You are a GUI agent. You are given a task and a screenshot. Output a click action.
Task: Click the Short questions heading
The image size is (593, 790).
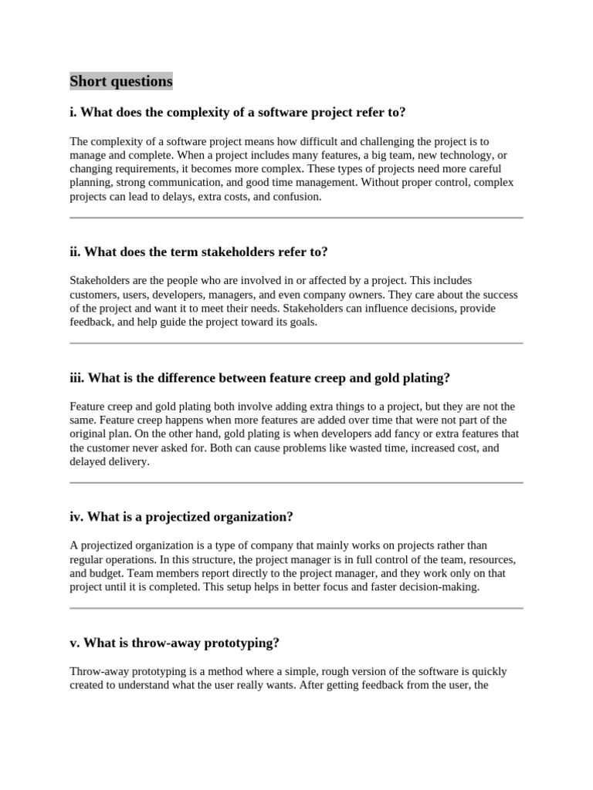[121, 81]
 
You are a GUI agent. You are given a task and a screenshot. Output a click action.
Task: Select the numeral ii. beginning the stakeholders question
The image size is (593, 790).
[75, 252]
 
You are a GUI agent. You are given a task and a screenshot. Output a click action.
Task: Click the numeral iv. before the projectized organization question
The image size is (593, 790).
[76, 516]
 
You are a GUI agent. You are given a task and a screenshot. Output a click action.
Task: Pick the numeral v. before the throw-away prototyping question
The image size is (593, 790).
[74, 643]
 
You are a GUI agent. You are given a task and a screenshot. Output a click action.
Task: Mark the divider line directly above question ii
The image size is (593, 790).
[296, 218]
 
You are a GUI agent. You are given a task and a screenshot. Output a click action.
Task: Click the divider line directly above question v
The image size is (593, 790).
[296, 609]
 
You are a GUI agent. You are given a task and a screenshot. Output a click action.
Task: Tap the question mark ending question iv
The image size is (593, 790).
[290, 516]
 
